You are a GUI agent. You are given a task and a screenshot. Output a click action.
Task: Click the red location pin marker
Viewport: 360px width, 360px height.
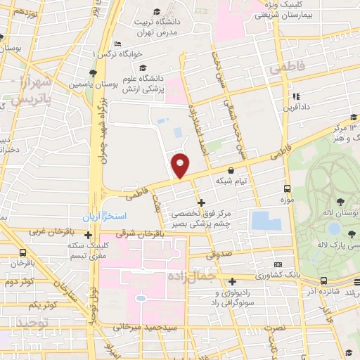point(181,165)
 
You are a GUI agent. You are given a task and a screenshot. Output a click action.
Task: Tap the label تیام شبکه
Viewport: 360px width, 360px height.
point(233,181)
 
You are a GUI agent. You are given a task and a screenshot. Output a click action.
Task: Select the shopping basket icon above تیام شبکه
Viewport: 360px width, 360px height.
point(231,169)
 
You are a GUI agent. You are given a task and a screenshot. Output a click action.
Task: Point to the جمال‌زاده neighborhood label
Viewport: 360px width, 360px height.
point(191,277)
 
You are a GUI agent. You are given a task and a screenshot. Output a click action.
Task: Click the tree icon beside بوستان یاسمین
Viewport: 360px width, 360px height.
point(93,72)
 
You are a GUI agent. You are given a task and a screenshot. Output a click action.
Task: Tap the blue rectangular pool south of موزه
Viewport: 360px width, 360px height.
point(264,220)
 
